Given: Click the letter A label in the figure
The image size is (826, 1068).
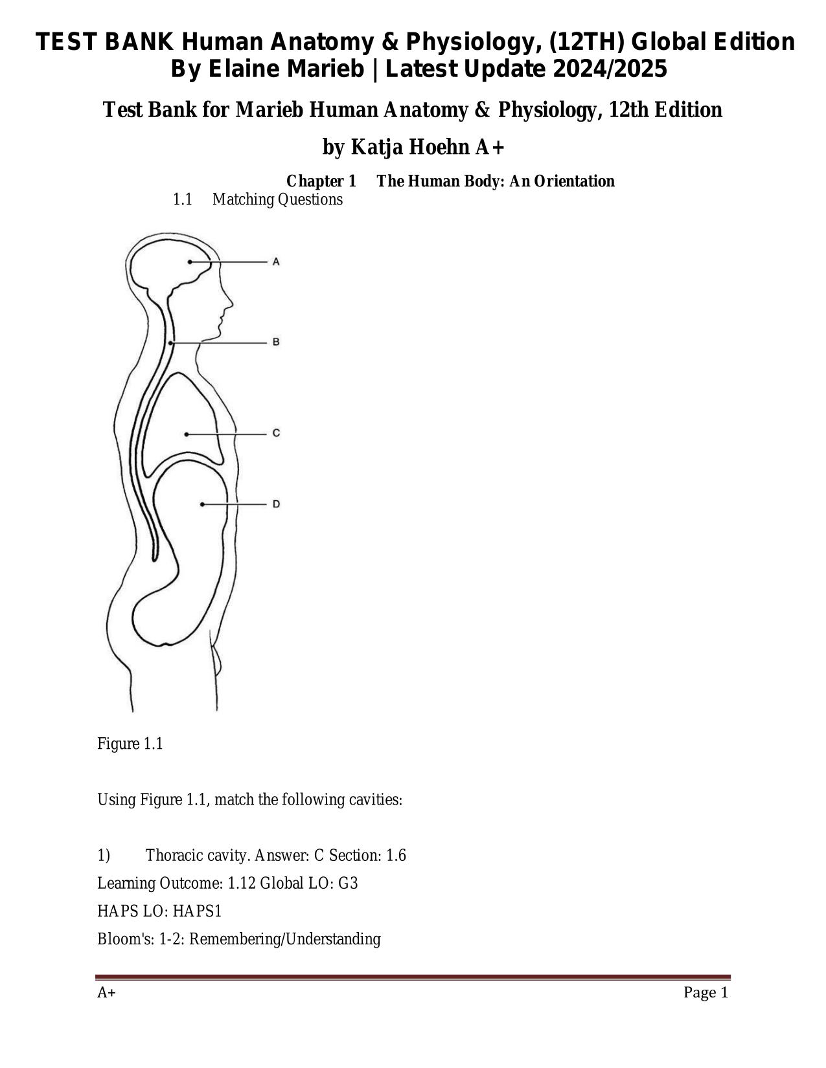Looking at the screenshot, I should (276, 262).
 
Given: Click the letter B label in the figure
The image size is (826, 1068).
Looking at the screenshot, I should (276, 342).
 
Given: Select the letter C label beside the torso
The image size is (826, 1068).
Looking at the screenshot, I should (276, 433).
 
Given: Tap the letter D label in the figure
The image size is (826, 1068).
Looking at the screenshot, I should (276, 504).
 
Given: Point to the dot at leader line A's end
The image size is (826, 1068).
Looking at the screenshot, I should (190, 262).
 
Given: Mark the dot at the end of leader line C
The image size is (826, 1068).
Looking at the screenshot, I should (187, 434).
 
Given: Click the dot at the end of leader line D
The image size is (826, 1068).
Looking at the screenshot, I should (202, 504).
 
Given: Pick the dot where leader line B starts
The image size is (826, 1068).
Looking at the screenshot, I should (170, 342).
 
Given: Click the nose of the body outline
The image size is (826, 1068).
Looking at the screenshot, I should (230, 303).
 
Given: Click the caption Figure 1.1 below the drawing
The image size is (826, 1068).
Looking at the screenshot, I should (130, 744).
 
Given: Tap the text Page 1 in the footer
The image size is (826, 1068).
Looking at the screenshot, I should (706, 993).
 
